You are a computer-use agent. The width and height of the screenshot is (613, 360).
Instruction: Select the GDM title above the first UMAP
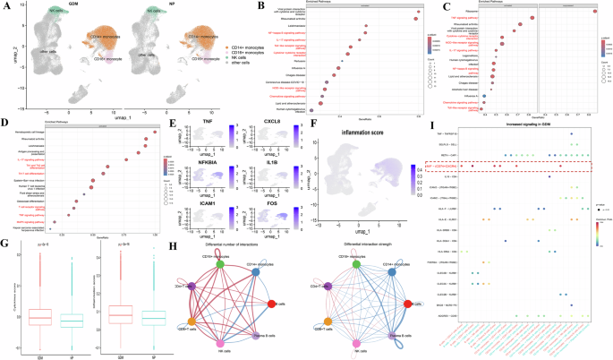[x=67, y=6]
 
